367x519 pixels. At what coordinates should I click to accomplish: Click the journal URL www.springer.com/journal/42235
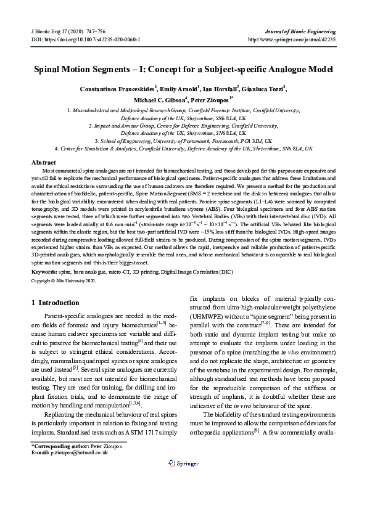(291, 39)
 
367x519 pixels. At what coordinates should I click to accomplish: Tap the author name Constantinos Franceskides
(118, 89)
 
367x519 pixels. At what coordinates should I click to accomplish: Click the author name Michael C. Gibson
(160, 99)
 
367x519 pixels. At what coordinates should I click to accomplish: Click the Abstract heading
(44, 162)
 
